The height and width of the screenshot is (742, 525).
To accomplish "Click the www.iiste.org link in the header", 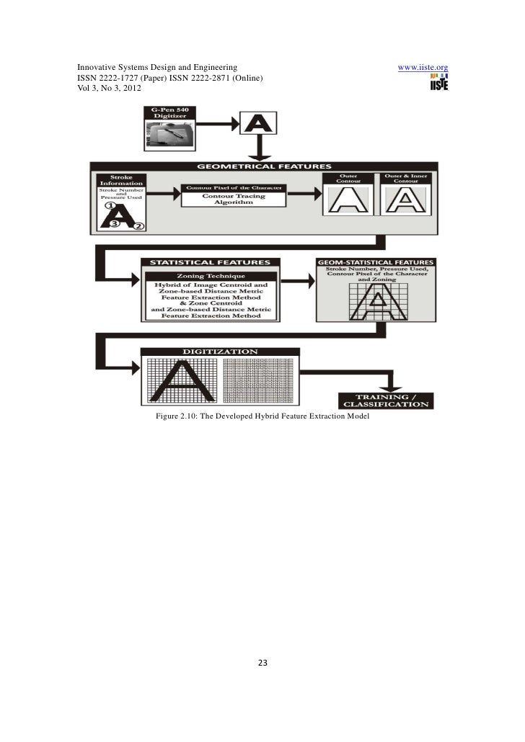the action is tap(424, 68).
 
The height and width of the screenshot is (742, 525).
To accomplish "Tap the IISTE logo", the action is tap(438, 83).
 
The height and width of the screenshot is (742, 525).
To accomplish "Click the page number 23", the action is tap(262, 663).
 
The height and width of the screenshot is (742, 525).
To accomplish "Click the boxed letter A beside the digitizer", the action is tap(256, 124).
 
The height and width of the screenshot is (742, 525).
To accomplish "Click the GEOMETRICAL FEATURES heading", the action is tap(262, 166).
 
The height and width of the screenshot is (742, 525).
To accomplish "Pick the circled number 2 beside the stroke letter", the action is tap(139, 226).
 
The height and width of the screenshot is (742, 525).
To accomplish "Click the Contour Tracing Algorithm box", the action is tap(233, 200).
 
